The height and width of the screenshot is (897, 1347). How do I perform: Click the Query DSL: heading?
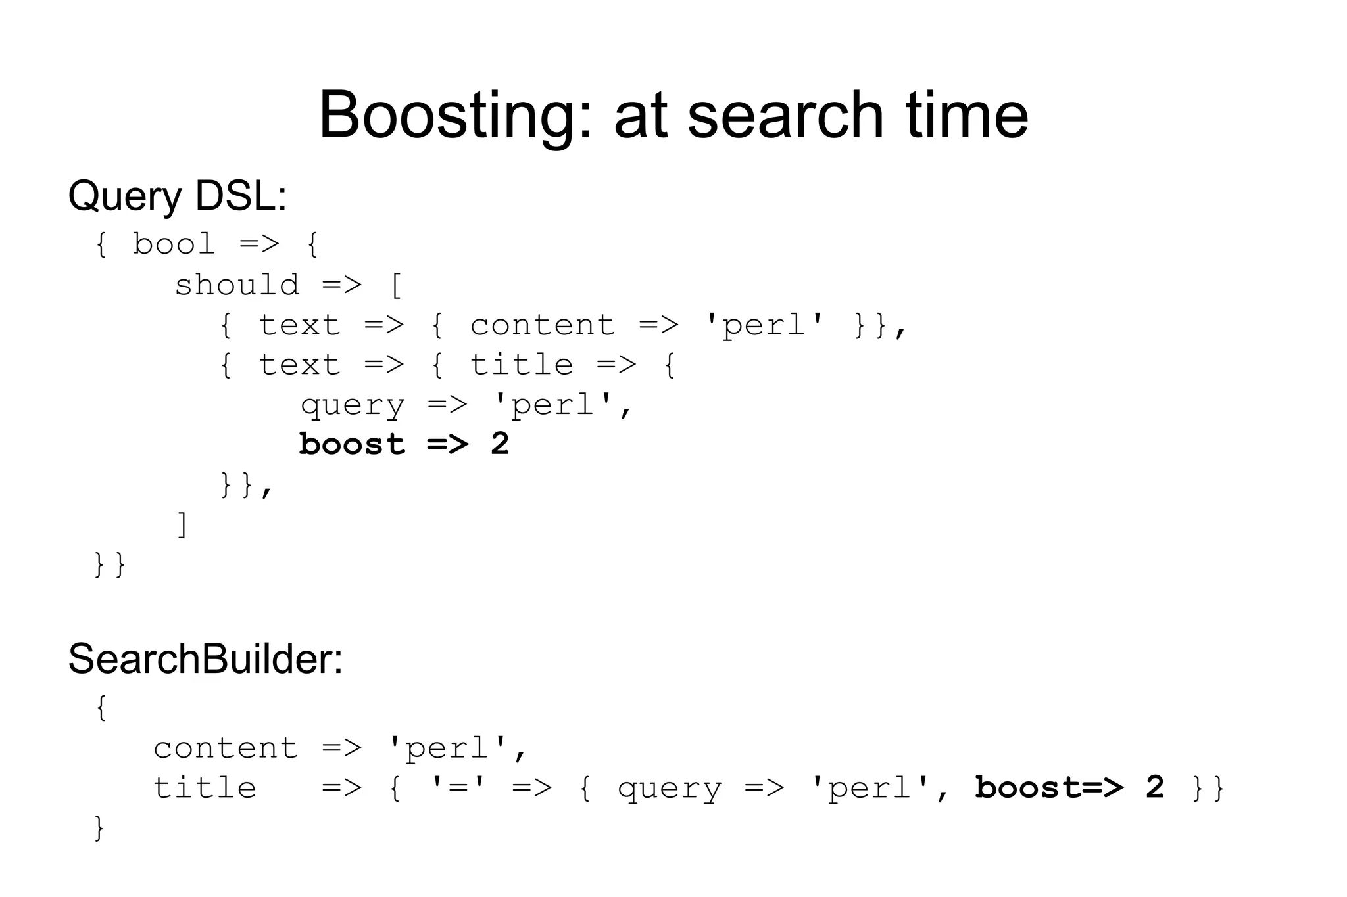pyautogui.click(x=178, y=196)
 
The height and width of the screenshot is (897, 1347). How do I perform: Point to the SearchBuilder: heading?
pyautogui.click(x=205, y=658)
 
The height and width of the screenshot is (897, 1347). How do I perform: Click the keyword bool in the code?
pyautogui.click(x=174, y=244)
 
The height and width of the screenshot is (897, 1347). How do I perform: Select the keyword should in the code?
pyautogui.click(x=237, y=285)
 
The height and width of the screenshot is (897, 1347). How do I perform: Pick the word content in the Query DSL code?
pyautogui.click(x=543, y=325)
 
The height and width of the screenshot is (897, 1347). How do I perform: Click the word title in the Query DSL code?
pyautogui.click(x=521, y=365)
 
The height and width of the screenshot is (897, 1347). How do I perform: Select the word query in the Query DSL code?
pyautogui.click(x=353, y=405)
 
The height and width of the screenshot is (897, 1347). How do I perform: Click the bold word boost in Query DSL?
pyautogui.click(x=353, y=445)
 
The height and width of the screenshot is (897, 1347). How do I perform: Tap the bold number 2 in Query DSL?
pyautogui.click(x=500, y=445)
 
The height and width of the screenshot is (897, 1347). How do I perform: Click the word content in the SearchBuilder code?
pyautogui.click(x=226, y=748)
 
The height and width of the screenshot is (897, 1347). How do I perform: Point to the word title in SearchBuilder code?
pyautogui.click(x=205, y=788)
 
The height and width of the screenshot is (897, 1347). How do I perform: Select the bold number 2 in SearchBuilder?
pyautogui.click(x=1154, y=788)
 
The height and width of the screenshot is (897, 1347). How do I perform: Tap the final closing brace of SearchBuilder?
pyautogui.click(x=99, y=829)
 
